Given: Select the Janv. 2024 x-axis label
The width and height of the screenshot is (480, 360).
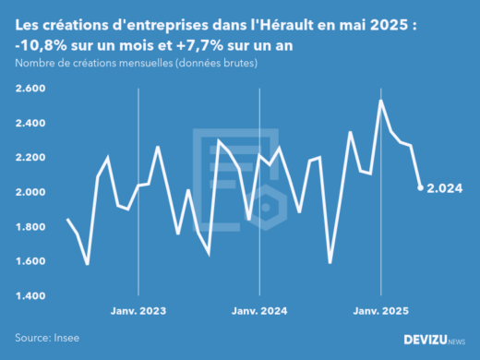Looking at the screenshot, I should click(259, 312).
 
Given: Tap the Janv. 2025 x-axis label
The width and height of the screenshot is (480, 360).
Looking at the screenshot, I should click(381, 312).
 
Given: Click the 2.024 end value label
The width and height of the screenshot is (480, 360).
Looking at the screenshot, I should click(445, 188).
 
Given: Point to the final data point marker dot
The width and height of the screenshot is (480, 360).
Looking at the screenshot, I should click(421, 187).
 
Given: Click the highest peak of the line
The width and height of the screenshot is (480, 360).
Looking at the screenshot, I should click(381, 100).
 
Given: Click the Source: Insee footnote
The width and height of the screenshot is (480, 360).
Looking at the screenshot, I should click(46, 339).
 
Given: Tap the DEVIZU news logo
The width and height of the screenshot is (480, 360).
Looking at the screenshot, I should click(435, 340).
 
